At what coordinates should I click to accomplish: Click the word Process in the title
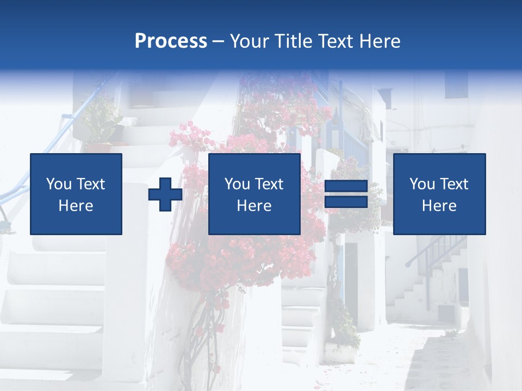(171, 41)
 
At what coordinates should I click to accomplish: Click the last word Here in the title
(379, 41)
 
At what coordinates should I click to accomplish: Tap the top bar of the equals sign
(346, 187)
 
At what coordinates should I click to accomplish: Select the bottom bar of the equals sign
(346, 201)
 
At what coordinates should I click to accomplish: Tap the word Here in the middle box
(254, 206)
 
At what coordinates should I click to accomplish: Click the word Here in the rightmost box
(439, 206)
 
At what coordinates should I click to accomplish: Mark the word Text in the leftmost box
(90, 184)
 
